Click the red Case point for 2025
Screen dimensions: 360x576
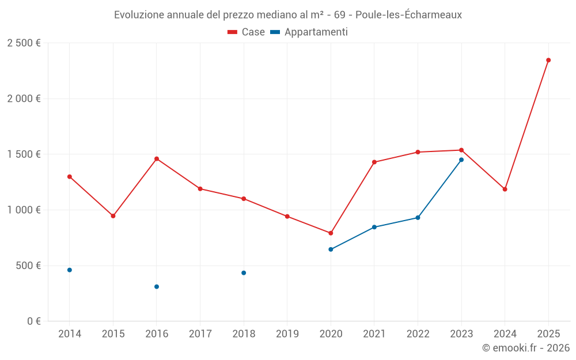click(x=548, y=60)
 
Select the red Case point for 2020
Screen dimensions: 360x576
click(x=331, y=233)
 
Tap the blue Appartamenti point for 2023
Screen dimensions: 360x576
click(x=461, y=160)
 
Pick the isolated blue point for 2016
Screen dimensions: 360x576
click(x=157, y=287)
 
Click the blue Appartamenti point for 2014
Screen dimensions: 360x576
click(x=70, y=270)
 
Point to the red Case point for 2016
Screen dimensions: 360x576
click(x=157, y=159)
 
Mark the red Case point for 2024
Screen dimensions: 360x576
click(x=505, y=190)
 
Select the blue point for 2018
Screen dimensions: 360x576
click(x=244, y=273)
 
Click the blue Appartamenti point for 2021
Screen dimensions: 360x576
click(x=374, y=227)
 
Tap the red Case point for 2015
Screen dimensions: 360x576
click(x=113, y=216)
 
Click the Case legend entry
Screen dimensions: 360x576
click(x=247, y=32)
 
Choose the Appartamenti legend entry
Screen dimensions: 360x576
click(x=309, y=32)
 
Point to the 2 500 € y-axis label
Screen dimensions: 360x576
click(x=24, y=43)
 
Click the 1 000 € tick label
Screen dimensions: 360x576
click(x=24, y=210)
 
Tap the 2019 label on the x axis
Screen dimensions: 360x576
click(x=287, y=334)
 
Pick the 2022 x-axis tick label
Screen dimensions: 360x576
click(x=418, y=334)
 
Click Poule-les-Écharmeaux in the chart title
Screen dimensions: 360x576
click(x=408, y=15)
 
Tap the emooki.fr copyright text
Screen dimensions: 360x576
click(x=526, y=348)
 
